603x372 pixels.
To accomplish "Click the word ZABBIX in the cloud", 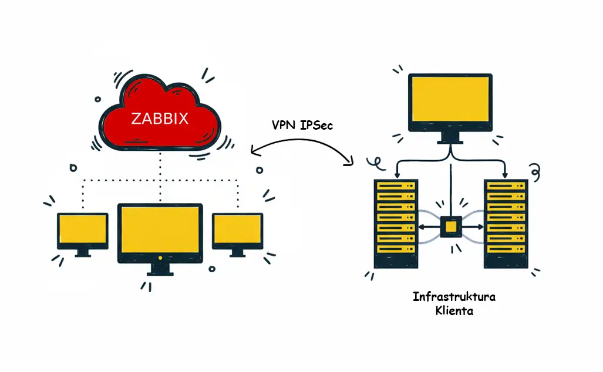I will (x=160, y=119).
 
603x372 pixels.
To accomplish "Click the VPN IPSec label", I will (x=302, y=125).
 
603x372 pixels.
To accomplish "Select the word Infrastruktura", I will (x=454, y=296).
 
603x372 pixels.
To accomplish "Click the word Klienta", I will (x=454, y=311).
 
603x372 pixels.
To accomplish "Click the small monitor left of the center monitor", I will (x=82, y=231).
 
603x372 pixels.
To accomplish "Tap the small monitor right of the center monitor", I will (x=237, y=231).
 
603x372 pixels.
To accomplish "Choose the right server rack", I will (x=506, y=223).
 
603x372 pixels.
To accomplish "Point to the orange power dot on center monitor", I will (x=160, y=258).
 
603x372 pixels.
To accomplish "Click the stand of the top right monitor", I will (x=450, y=138).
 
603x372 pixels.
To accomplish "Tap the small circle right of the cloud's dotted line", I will (x=260, y=170).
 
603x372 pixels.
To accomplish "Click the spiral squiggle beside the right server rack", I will (x=534, y=171).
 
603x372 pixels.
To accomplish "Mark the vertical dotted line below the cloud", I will (x=160, y=176).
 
